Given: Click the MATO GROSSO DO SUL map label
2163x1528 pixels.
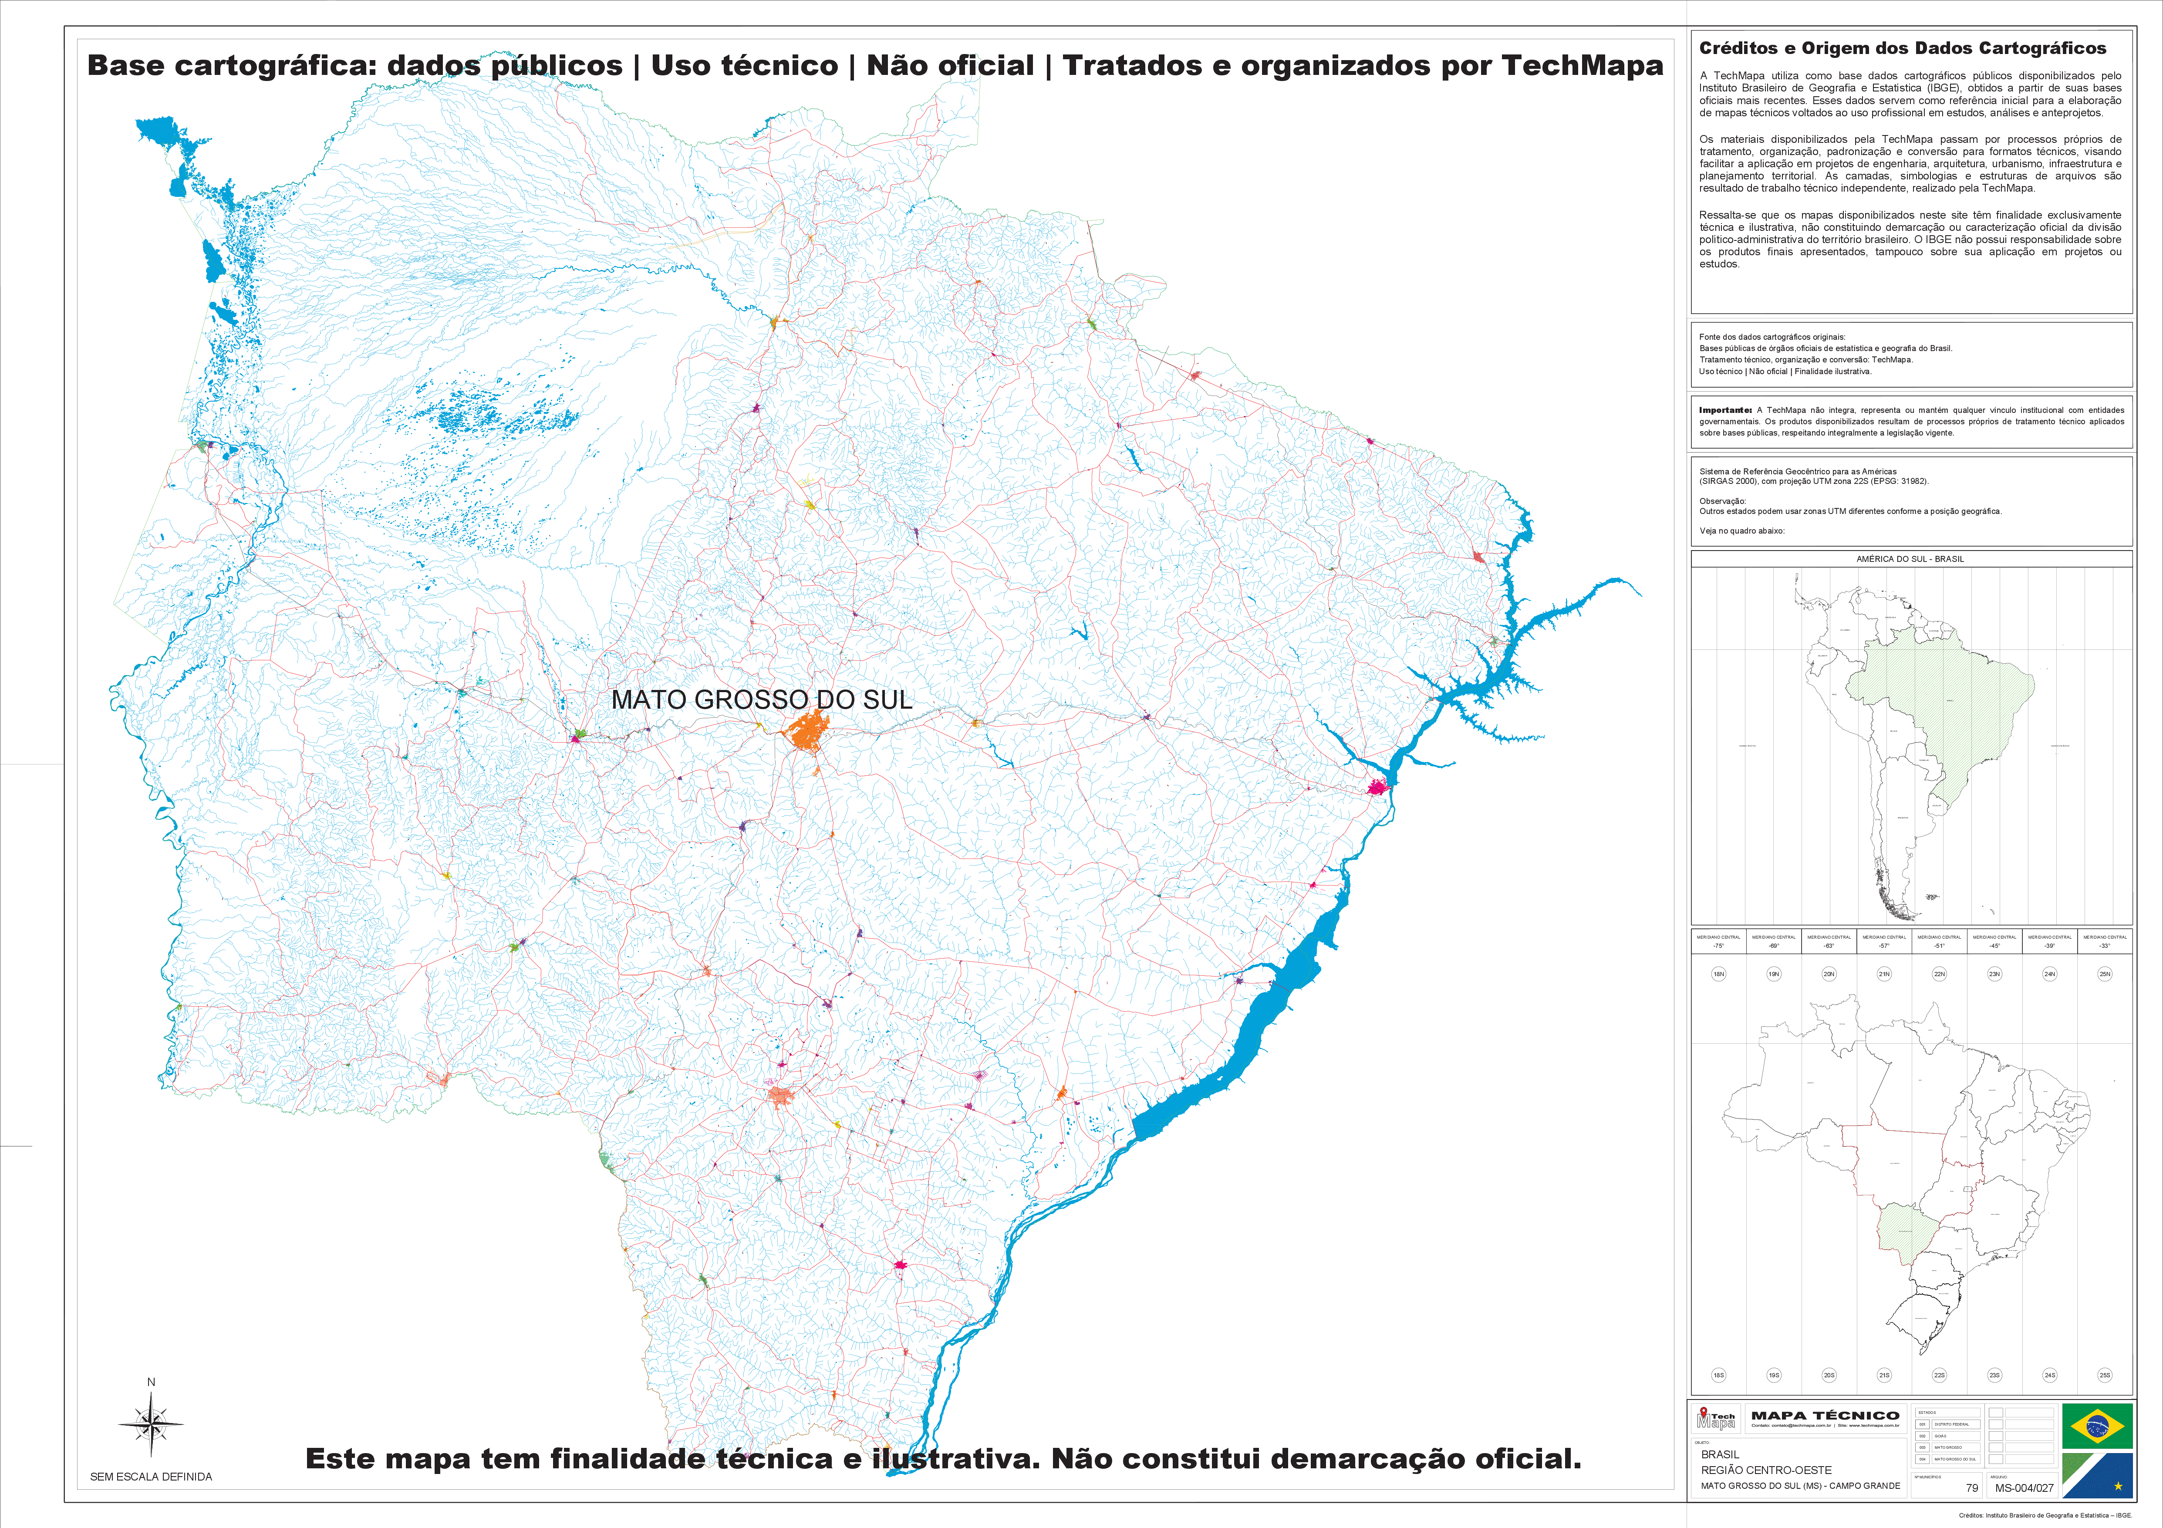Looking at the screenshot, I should [761, 700].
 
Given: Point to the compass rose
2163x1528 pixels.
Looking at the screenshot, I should [151, 1423].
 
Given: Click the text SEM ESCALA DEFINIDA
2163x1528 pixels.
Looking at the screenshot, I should [151, 1476].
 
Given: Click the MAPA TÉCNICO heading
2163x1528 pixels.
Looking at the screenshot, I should [1825, 1415].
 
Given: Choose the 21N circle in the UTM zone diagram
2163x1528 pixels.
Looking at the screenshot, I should [1884, 974].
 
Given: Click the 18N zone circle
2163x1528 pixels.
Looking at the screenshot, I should [1718, 974].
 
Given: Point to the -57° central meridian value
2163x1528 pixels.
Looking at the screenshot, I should [1884, 946].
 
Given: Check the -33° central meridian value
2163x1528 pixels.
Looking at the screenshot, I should [2105, 946].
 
